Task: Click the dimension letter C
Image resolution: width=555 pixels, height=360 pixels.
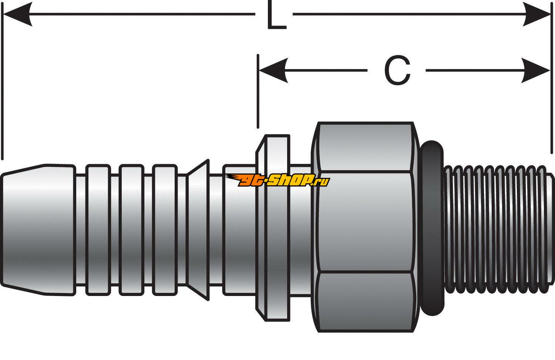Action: [397, 71]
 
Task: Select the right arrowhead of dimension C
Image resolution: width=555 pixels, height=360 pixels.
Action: [536, 70]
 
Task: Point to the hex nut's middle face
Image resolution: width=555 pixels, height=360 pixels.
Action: [364, 222]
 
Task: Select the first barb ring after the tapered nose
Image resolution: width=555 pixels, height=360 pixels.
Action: [98, 229]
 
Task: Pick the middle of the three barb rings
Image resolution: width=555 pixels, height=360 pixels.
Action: [131, 229]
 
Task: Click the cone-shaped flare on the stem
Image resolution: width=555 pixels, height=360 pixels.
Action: [198, 229]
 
